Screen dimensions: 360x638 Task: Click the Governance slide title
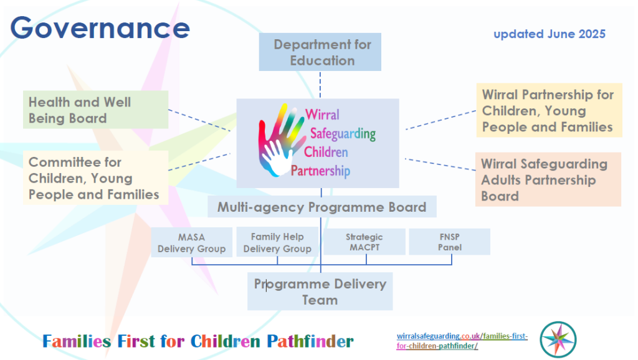point(100,27)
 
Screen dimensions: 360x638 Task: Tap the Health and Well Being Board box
point(95,110)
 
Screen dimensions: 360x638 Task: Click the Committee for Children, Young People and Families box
point(95,178)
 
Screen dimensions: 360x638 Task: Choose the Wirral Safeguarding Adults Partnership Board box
point(548,179)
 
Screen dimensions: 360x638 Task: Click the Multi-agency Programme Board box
point(321,207)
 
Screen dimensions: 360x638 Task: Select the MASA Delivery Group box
point(191,242)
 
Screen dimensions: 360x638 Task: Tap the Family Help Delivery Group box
point(277,242)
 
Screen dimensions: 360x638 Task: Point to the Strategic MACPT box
point(364,242)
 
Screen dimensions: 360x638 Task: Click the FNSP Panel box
point(449,242)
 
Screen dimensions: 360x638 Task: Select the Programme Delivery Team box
point(320,291)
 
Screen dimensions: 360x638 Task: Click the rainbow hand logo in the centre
point(280,139)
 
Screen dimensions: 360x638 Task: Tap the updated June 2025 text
point(549,34)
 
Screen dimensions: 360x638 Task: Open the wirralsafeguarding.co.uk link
point(462,341)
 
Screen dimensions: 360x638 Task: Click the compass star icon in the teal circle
point(558,339)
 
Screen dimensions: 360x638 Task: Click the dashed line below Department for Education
point(320,84)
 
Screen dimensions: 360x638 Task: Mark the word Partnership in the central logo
point(320,171)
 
